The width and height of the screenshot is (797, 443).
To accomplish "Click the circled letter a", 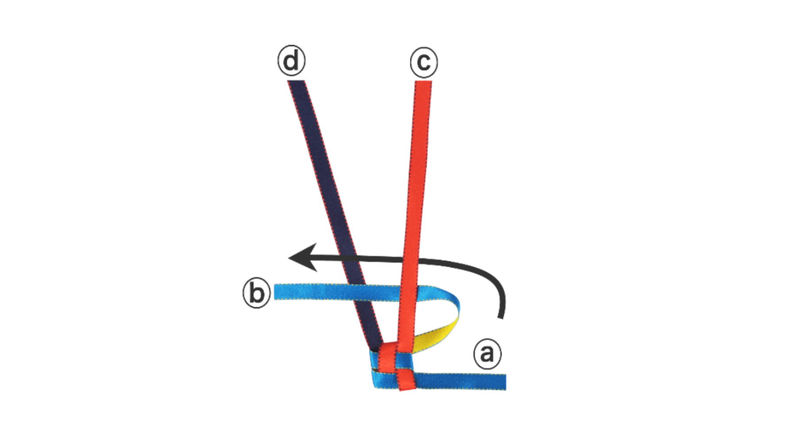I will (487, 354).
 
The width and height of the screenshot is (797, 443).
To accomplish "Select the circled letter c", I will (424, 62).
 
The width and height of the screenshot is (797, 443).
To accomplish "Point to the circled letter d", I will (291, 61).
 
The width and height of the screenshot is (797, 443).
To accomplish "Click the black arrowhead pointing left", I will (301, 257).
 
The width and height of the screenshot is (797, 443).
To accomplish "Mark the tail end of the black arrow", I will (501, 315).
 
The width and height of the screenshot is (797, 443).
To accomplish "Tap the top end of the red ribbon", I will (423, 83).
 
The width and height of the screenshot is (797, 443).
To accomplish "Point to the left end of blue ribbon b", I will (277, 292).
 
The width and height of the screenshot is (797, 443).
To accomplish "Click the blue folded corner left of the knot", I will (376, 377).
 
